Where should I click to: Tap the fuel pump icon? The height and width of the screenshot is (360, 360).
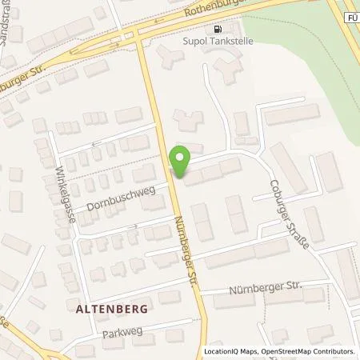pos(216,30)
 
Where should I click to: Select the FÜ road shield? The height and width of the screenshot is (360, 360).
pos(352,15)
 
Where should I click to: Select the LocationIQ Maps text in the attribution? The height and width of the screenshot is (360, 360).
pos(228,351)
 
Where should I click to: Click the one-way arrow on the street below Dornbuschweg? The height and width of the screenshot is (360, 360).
pos(134,226)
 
